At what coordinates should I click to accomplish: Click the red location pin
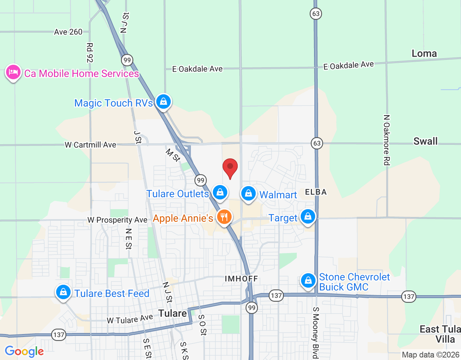coord(230,168)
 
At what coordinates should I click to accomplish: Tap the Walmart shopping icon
coord(248,194)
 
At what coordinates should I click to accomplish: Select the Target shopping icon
coord(308,217)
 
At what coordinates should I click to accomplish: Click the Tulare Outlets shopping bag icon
coord(220,193)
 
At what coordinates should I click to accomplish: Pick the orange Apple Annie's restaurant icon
coord(224,217)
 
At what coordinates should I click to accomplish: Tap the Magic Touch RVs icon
coord(163,102)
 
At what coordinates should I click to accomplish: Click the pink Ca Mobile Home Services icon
coord(13,72)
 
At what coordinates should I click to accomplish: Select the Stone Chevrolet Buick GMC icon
coord(308,280)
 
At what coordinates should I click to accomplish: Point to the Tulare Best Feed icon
coord(63,292)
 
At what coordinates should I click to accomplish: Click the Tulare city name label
coord(173,313)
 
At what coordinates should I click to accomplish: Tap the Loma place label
coord(424,54)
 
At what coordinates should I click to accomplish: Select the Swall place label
coord(425,141)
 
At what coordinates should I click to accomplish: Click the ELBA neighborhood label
coord(316,192)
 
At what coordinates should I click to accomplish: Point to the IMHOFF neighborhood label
coord(241,279)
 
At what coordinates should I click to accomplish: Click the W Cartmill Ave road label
coord(90,145)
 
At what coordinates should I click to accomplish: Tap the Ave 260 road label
coord(68,32)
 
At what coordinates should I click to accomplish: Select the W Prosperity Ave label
coord(117,220)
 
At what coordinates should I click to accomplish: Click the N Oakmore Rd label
coord(386,140)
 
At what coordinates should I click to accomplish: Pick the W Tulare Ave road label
coord(130,319)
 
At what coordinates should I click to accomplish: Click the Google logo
coord(24,351)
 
